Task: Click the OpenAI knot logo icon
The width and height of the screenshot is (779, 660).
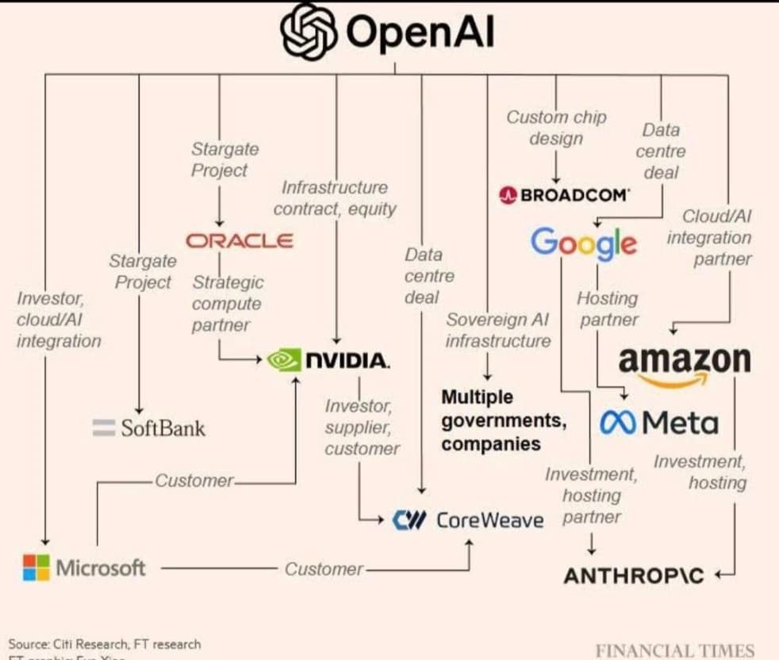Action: [309, 32]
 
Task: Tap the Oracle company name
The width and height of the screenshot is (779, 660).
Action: [239, 240]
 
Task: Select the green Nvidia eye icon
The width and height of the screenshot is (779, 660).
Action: [284, 360]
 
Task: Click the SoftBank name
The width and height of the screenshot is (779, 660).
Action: [163, 428]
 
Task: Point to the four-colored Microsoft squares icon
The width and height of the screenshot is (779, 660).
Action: [36, 567]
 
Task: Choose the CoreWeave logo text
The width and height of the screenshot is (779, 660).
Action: [489, 520]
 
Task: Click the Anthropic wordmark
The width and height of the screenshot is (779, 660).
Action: [633, 575]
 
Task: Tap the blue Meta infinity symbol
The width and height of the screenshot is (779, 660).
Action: [617, 423]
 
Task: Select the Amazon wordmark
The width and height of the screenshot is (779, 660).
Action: [684, 361]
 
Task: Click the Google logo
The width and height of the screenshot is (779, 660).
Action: [584, 243]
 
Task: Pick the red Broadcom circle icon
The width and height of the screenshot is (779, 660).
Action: [508, 194]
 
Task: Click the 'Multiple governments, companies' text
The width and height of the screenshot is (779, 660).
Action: [504, 420]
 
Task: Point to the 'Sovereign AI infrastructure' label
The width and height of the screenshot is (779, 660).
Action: [497, 330]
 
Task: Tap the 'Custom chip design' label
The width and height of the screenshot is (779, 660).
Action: [556, 128]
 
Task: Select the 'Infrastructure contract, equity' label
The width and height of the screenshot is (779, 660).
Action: [335, 198]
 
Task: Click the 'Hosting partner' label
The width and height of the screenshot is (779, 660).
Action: [608, 309]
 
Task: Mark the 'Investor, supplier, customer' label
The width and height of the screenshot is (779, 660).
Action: [361, 427]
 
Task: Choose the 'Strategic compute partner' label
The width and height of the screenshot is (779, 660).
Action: [226, 303]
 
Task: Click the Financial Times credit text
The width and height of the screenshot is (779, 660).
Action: [674, 650]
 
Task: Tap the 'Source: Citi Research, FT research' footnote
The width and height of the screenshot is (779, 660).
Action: [104, 643]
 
